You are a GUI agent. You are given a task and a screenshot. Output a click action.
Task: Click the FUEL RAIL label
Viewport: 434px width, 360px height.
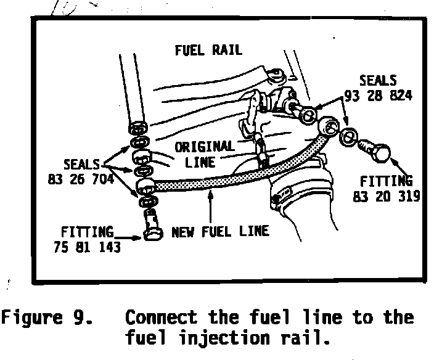tap(208, 50)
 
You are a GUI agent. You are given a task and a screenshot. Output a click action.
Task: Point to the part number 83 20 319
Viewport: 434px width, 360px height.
tap(387, 196)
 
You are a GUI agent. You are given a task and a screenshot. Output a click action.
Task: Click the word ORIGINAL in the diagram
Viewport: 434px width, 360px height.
tap(204, 148)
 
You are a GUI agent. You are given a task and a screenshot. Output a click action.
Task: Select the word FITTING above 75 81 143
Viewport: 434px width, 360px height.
tap(87, 232)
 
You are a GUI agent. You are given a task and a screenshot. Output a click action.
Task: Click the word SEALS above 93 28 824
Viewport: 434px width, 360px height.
tap(379, 81)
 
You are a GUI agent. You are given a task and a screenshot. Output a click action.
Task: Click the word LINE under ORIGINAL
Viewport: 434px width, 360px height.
tap(200, 162)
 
